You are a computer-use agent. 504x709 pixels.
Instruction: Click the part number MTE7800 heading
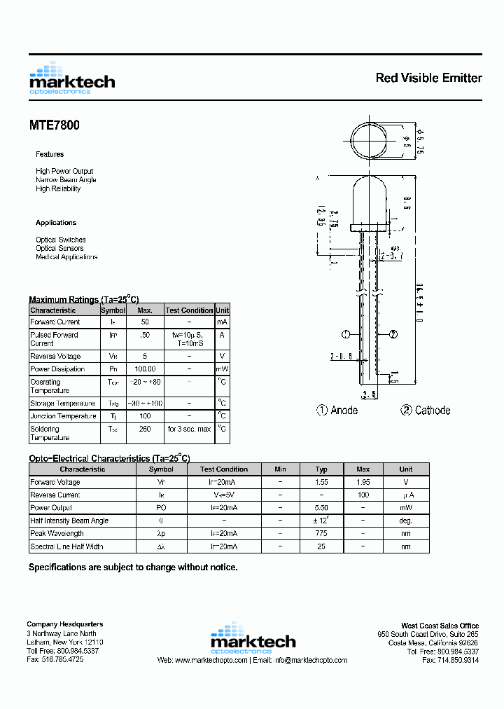click(x=54, y=125)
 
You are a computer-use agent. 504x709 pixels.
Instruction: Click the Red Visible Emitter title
click(x=428, y=78)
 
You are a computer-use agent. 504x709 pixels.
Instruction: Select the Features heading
click(x=50, y=154)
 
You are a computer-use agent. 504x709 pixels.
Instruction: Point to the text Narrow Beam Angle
click(x=66, y=180)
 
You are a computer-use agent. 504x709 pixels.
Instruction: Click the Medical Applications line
click(x=66, y=257)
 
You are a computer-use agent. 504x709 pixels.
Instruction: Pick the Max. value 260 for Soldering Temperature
click(x=144, y=429)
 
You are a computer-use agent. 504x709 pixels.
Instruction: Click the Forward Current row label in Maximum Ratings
click(x=55, y=322)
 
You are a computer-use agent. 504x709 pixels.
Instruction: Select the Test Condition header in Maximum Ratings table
click(x=189, y=310)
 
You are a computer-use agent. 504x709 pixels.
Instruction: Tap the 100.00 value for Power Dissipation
click(x=144, y=369)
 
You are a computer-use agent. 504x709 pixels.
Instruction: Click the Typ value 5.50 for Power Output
click(x=321, y=508)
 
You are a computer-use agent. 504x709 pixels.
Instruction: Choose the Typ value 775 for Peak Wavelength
click(x=321, y=534)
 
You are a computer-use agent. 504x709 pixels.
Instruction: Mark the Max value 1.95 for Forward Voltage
click(x=363, y=483)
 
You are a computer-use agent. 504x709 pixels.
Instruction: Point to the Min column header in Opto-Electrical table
click(x=280, y=469)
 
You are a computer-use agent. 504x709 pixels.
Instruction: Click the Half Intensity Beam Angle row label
click(x=69, y=521)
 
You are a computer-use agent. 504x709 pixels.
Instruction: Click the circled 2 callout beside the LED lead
click(x=393, y=334)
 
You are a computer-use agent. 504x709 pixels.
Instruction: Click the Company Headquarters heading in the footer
click(x=64, y=624)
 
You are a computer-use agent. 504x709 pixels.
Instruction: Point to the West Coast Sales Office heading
click(x=440, y=626)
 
